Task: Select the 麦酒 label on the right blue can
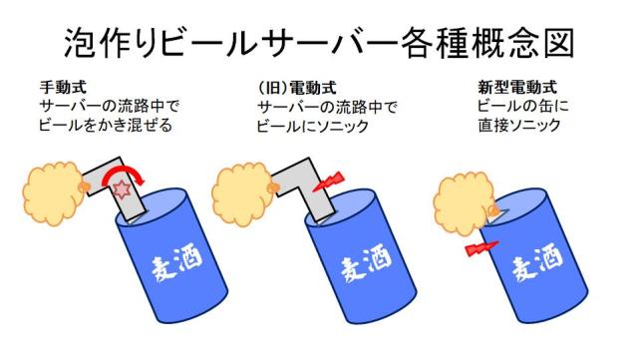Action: pos(532,268)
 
